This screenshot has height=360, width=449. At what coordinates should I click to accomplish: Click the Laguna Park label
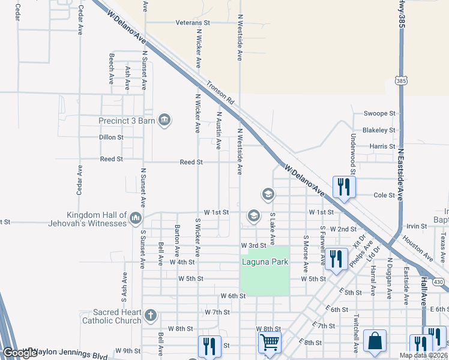(x=265, y=262)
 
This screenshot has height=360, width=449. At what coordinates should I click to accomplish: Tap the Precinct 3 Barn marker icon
(x=164, y=121)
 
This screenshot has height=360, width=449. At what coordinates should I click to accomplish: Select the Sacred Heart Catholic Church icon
(x=149, y=314)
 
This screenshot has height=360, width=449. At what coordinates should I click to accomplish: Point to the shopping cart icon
(x=270, y=343)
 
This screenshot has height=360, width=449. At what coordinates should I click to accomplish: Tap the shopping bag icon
(x=375, y=340)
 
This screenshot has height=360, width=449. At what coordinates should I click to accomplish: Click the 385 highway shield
(x=401, y=80)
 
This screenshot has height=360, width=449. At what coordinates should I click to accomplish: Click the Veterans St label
(x=193, y=22)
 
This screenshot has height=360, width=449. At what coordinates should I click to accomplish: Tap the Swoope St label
(x=380, y=113)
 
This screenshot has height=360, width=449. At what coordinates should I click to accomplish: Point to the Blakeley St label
(x=379, y=130)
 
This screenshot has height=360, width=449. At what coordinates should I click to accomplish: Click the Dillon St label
(x=111, y=137)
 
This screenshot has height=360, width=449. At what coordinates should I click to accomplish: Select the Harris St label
(x=382, y=146)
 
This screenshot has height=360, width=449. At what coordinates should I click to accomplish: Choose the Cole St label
(x=384, y=195)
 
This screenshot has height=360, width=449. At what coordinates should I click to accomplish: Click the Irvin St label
(x=416, y=226)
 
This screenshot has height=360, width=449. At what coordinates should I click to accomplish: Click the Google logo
(x=20, y=353)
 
